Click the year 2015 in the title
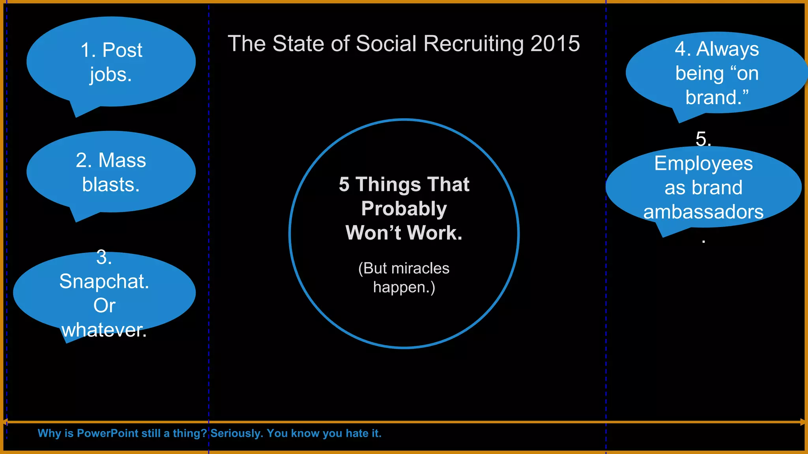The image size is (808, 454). [555, 43]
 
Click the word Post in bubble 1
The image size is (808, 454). [122, 50]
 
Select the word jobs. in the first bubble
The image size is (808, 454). [110, 75]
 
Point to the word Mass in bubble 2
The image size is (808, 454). [122, 160]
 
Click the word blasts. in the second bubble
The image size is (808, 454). [111, 185]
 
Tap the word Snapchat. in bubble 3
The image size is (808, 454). [104, 281]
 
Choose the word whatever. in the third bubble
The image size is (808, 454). [104, 330]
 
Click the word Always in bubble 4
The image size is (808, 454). [728, 49]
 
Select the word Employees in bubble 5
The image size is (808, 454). [703, 164]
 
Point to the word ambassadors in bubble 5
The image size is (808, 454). [703, 212]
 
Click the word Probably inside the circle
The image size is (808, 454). [404, 208]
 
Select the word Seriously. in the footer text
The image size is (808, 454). [237, 434]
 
